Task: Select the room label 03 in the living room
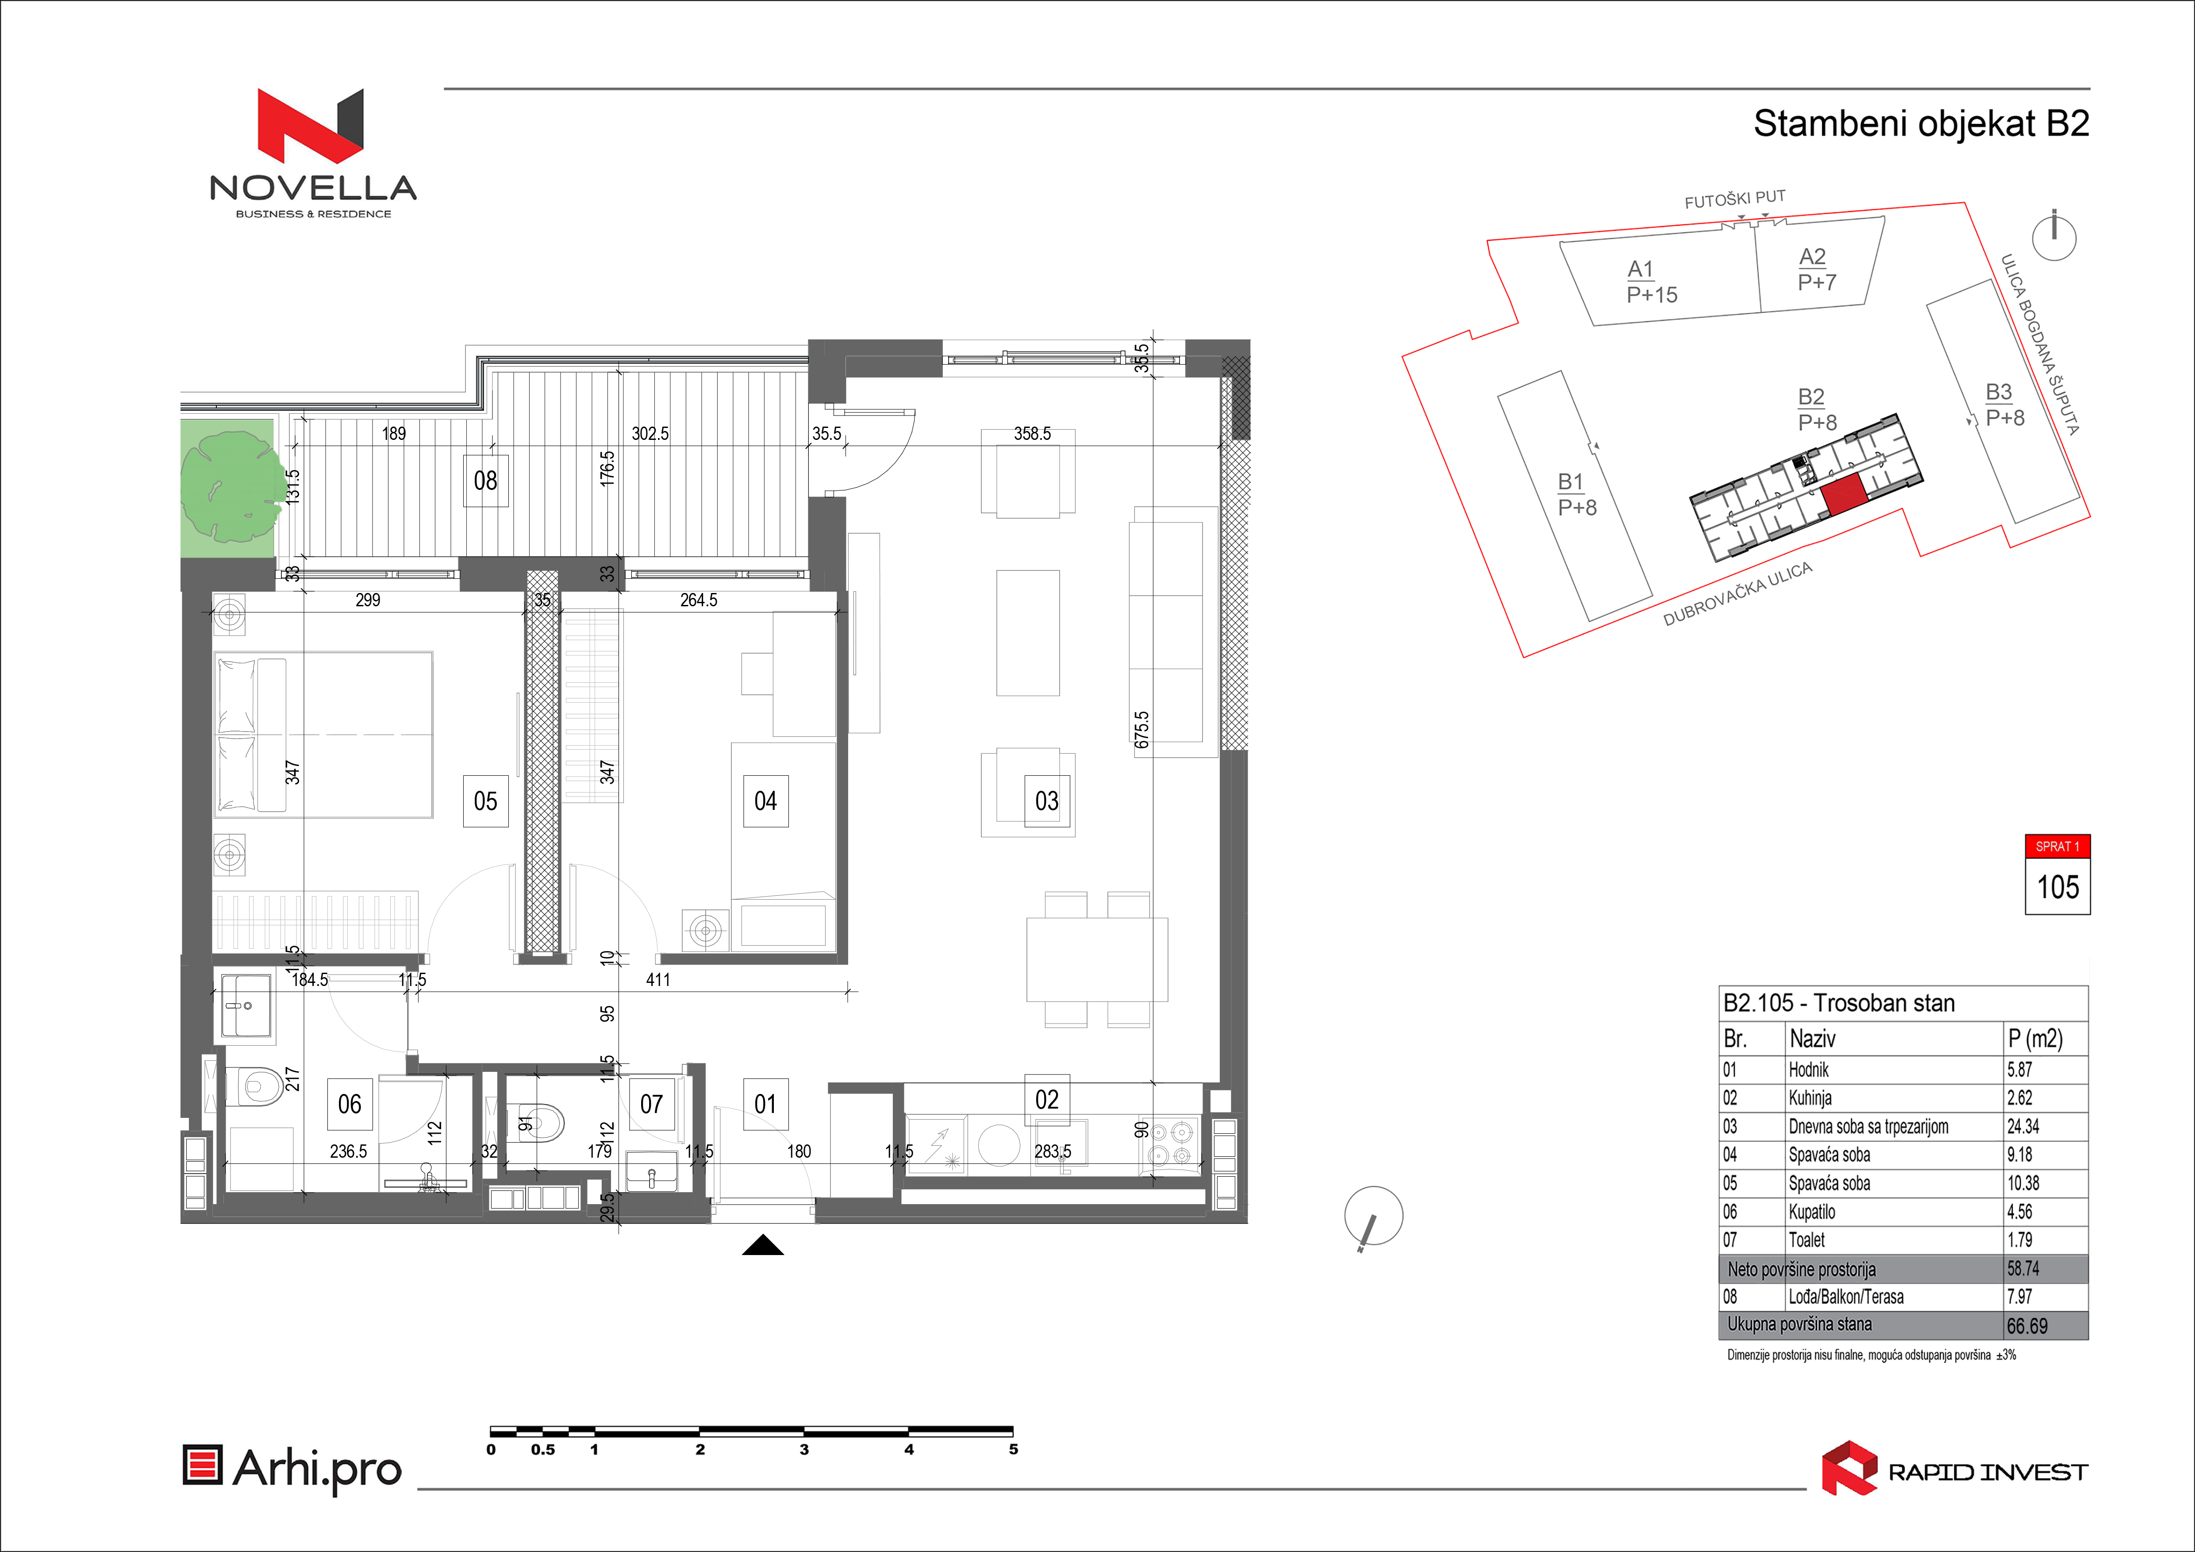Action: click(x=1047, y=801)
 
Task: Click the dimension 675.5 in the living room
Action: click(x=1142, y=730)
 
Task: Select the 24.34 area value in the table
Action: click(x=2023, y=1126)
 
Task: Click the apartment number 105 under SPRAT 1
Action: click(x=2057, y=887)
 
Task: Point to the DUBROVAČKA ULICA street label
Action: click(x=1737, y=594)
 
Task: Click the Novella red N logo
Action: click(x=311, y=125)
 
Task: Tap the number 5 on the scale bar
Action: click(x=1013, y=1450)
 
